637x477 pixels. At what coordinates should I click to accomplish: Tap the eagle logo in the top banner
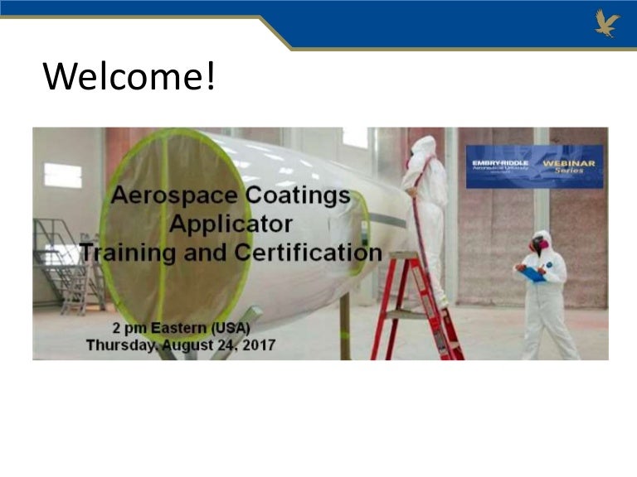pos(607,22)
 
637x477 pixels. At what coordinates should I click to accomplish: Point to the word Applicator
pos(231,224)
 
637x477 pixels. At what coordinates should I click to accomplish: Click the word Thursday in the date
pos(120,344)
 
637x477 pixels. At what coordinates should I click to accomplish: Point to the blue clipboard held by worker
pos(532,273)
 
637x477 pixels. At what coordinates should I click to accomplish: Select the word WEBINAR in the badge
pos(569,163)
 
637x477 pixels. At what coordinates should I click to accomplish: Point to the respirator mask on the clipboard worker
pos(539,246)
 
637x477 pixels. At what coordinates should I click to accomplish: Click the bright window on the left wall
pos(63,175)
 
